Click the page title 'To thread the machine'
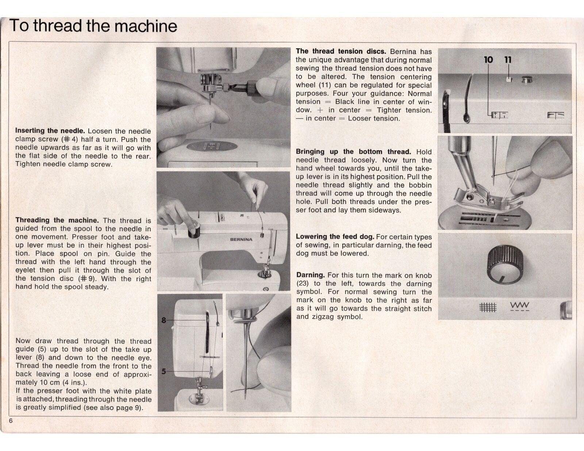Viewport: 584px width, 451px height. click(93, 26)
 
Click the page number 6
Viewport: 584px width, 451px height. click(11, 421)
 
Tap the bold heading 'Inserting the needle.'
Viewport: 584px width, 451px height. click(50, 131)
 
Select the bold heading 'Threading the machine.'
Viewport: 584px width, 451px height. click(57, 220)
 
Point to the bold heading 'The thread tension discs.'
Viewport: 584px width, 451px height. click(341, 51)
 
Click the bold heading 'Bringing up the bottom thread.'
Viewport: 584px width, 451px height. click(353, 151)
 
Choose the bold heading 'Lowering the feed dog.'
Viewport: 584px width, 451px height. click(335, 237)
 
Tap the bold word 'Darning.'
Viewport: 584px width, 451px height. click(310, 275)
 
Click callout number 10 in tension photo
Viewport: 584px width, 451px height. click(488, 60)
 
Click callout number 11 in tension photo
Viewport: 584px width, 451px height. click(508, 60)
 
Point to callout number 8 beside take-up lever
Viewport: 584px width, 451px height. click(164, 320)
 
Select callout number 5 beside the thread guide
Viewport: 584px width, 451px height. click(164, 371)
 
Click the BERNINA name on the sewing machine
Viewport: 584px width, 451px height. click(241, 240)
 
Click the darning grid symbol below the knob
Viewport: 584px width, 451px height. click(488, 308)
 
